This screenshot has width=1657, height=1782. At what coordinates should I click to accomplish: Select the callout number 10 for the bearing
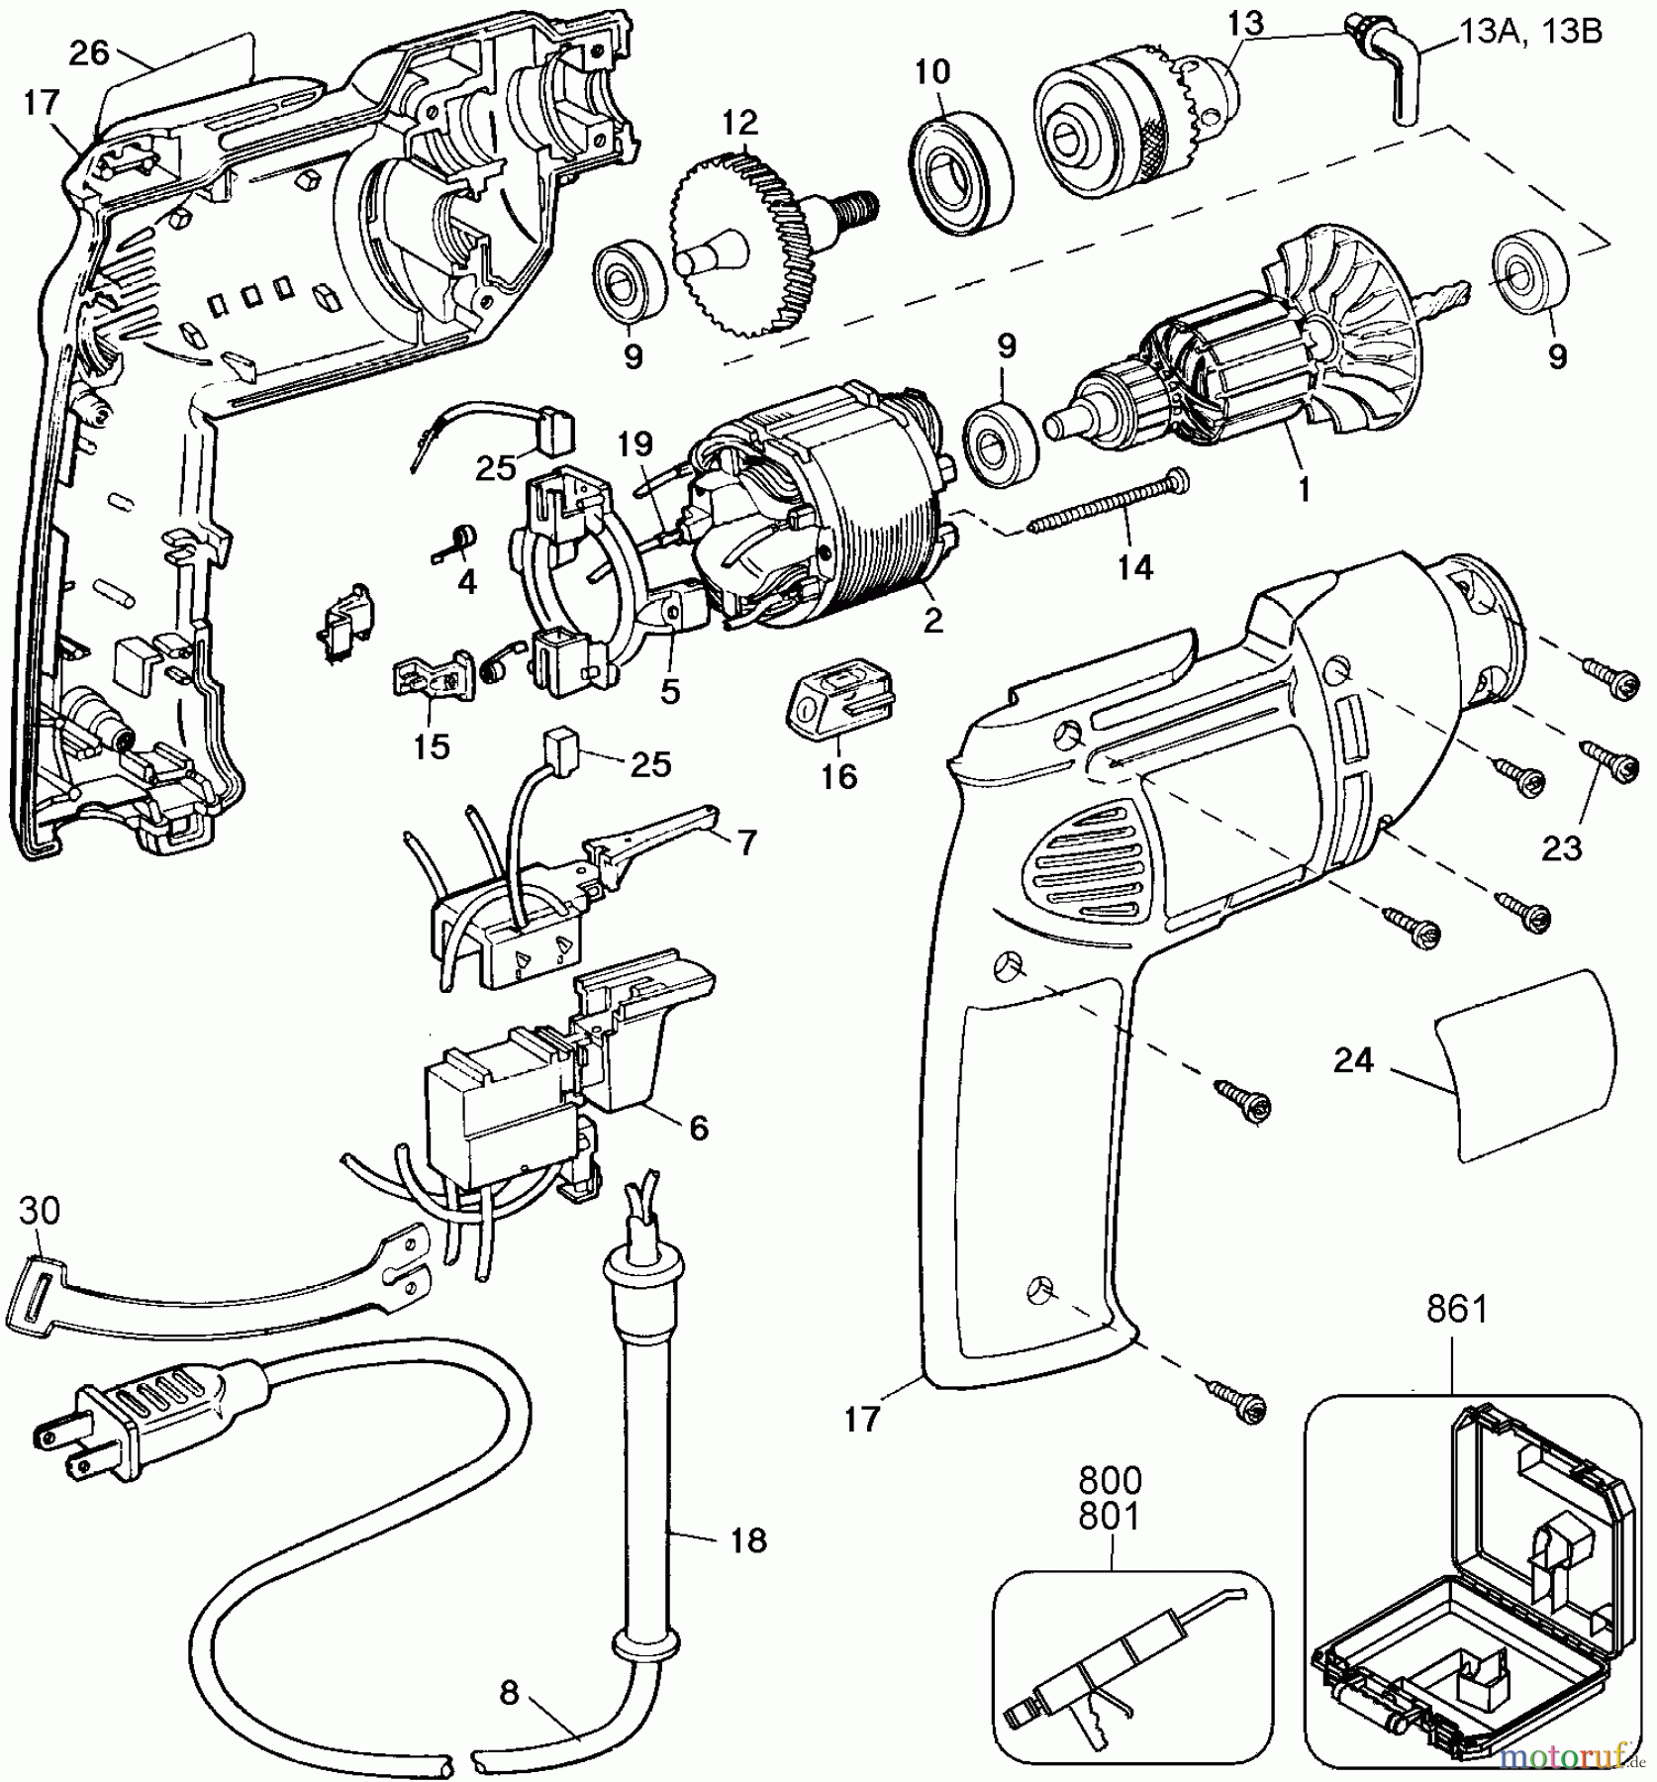(x=932, y=71)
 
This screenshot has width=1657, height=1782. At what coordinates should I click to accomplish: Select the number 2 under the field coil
(x=931, y=621)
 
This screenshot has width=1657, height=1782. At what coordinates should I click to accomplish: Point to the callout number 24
(x=1354, y=1060)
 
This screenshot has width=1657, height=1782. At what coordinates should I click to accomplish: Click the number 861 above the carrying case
(x=1457, y=1309)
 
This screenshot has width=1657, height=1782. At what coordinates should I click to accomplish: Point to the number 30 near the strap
(x=39, y=1209)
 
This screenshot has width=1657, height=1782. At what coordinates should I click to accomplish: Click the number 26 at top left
(x=89, y=52)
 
